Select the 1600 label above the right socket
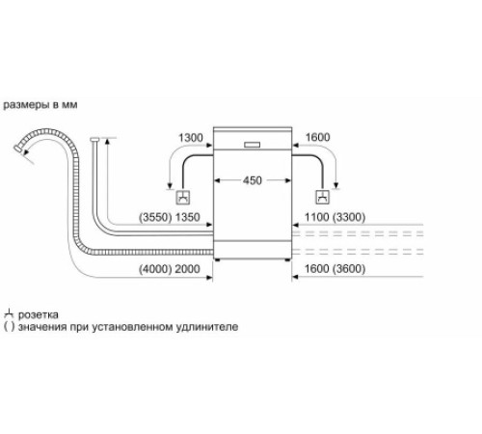pyautogui.click(x=317, y=138)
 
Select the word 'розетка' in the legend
pyautogui.click(x=40, y=314)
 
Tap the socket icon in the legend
pyautogui.click(x=9, y=313)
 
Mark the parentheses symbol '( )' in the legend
pyautogui.click(x=9, y=328)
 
